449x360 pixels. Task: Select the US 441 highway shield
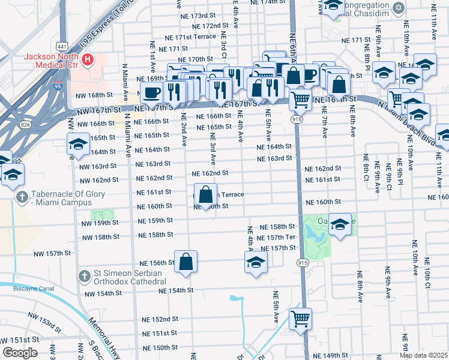click(x=61, y=46)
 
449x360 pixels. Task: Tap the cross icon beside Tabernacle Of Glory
click(x=21, y=196)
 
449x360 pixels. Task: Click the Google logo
click(x=20, y=353)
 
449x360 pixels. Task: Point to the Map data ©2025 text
click(x=423, y=355)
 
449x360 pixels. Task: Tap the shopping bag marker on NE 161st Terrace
click(x=206, y=195)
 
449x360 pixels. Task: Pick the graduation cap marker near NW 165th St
click(x=78, y=145)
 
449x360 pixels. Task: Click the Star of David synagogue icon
click(x=397, y=8)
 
